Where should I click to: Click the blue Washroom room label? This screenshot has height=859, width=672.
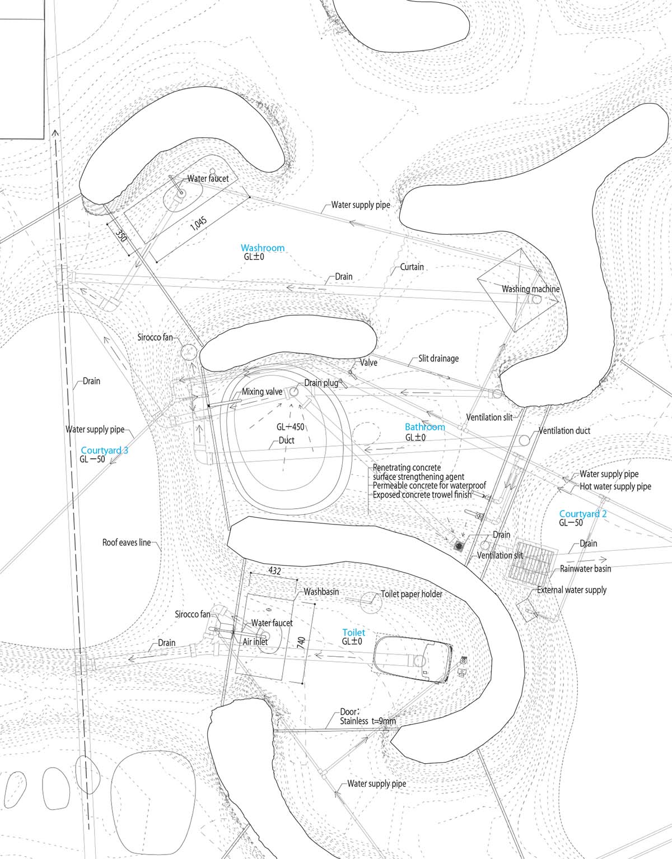pyautogui.click(x=262, y=248)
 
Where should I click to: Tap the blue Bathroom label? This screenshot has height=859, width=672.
pyautogui.click(x=425, y=427)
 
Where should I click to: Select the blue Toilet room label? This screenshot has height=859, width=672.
pyautogui.click(x=353, y=632)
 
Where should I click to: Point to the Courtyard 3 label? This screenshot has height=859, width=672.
pyautogui.click(x=105, y=450)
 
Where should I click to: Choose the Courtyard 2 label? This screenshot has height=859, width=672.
pyautogui.click(x=583, y=514)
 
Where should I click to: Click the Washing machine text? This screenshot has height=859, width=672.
pyautogui.click(x=530, y=289)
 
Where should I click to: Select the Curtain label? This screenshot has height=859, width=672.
pyautogui.click(x=412, y=267)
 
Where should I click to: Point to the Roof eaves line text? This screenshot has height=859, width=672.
pyautogui.click(x=127, y=542)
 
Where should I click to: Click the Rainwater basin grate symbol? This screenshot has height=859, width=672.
pyautogui.click(x=531, y=560)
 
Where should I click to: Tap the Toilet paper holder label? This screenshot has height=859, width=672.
pyautogui.click(x=411, y=594)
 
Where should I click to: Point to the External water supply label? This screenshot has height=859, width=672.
pyautogui.click(x=571, y=589)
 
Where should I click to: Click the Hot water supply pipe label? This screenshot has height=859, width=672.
pyautogui.click(x=615, y=486)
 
